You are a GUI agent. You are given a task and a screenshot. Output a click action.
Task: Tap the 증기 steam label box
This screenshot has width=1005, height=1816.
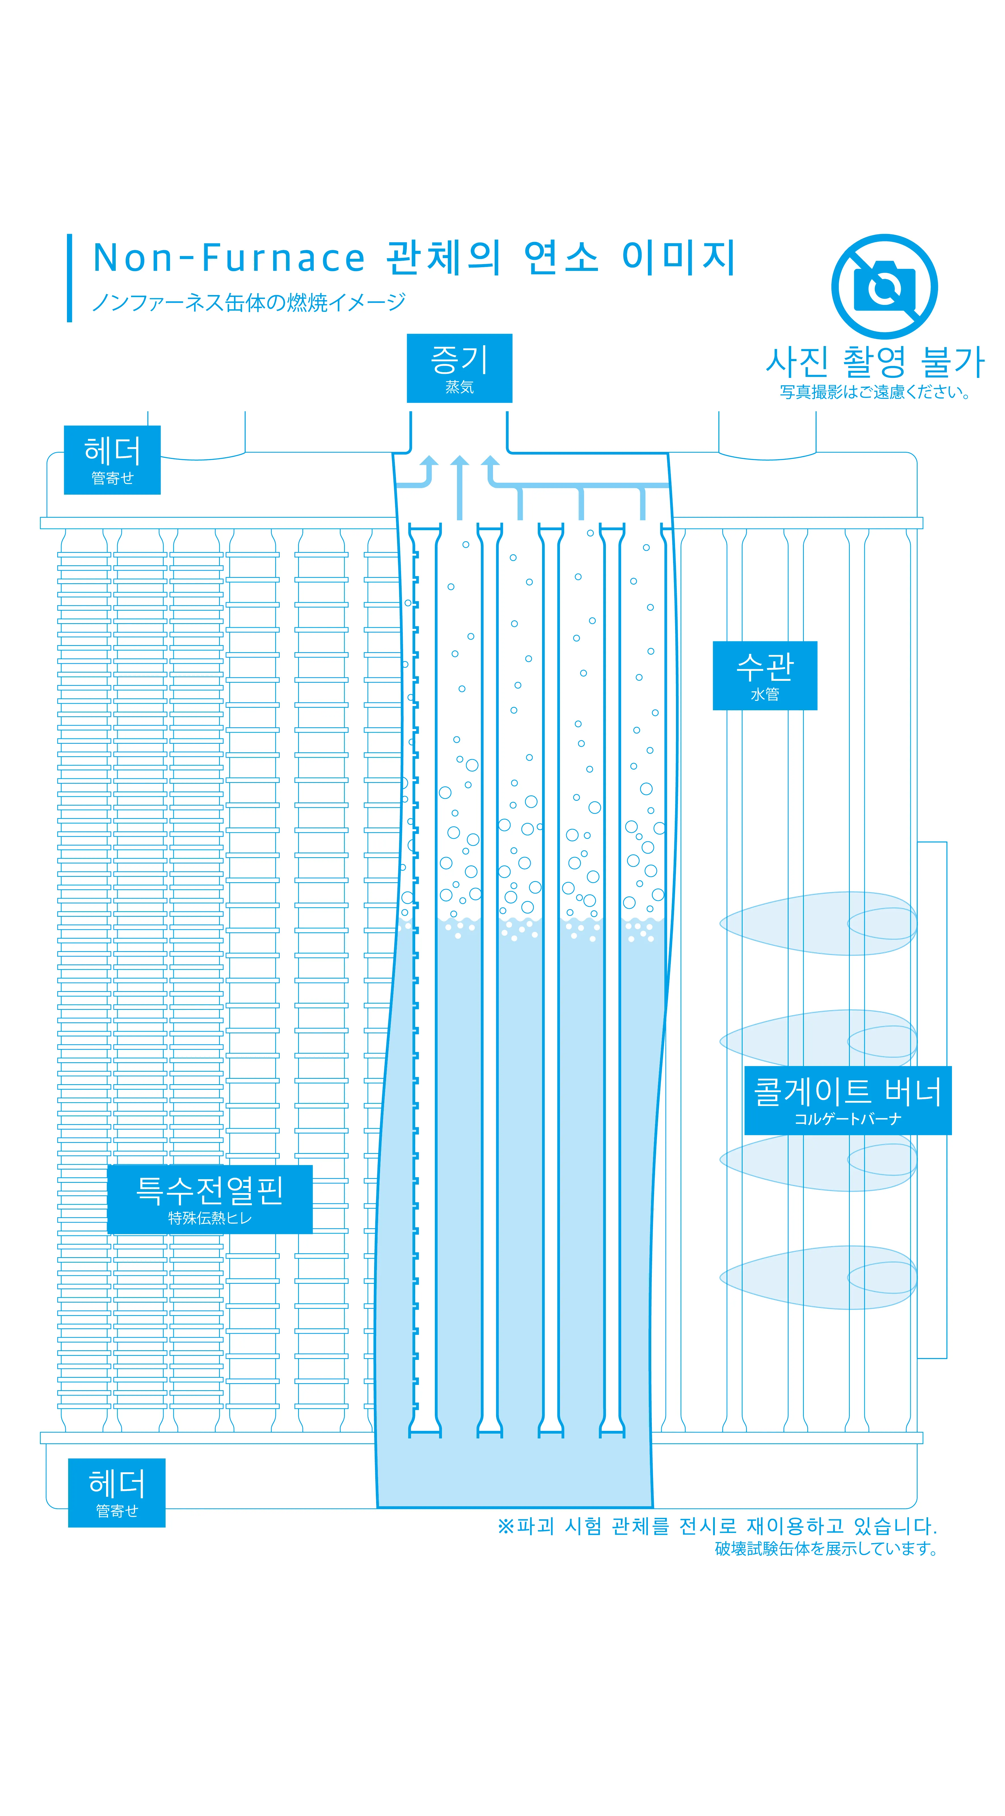[460, 368]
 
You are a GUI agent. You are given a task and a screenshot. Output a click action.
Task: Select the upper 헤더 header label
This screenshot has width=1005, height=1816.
[112, 460]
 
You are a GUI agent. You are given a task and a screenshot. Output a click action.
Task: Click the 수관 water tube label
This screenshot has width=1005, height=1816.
[765, 675]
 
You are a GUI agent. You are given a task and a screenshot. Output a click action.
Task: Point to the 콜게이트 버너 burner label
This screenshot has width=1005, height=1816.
[848, 1100]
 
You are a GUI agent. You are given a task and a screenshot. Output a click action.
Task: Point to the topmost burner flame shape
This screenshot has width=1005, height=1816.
[818, 924]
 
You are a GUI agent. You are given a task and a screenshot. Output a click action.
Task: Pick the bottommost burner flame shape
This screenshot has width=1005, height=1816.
[818, 1278]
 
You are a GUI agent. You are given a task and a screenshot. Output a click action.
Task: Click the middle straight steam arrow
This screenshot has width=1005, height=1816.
[460, 486]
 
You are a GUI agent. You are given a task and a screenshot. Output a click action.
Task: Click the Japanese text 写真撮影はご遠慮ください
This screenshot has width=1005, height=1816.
[875, 392]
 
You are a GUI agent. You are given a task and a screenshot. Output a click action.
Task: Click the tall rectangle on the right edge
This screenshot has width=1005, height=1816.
[932, 1100]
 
